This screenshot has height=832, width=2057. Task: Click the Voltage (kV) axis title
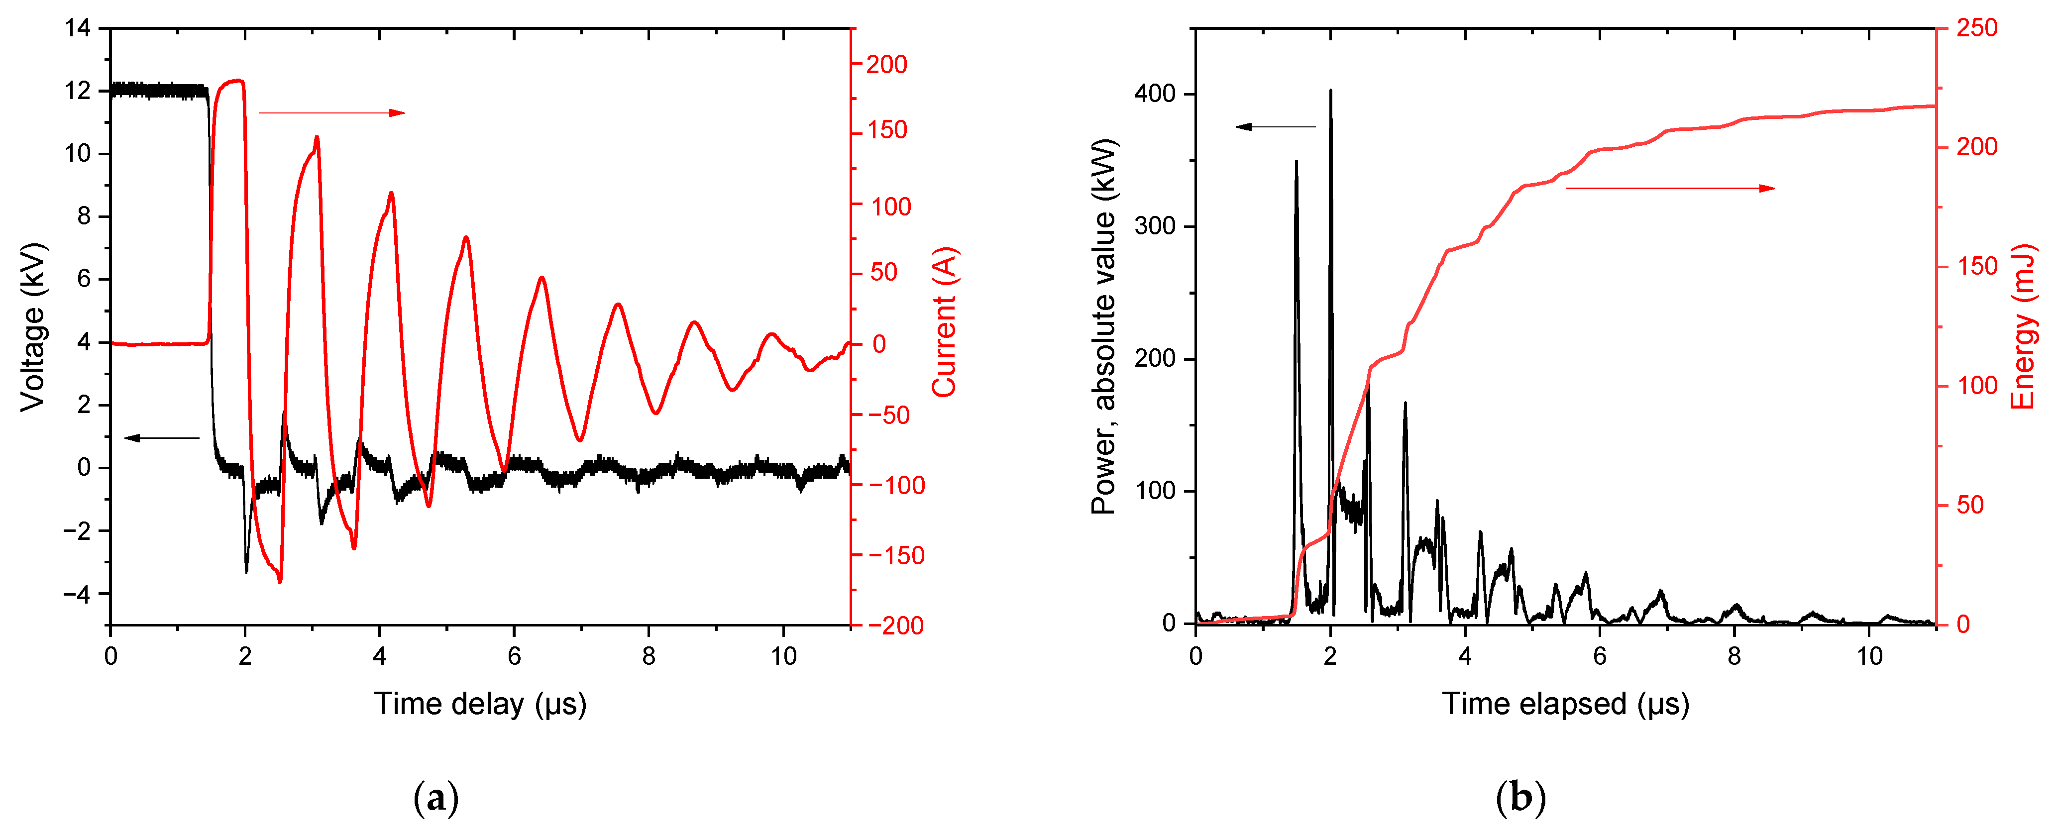[x=33, y=327]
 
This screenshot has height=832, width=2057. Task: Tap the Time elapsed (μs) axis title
[x=1565, y=704]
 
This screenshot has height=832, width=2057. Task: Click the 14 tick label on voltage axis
[x=78, y=29]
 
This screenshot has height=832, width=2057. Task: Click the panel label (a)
[x=436, y=798]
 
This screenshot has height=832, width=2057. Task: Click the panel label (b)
[x=1520, y=798]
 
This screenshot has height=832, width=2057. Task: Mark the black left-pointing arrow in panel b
[x=1275, y=126]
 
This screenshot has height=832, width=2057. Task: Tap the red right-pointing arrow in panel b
[x=1670, y=189]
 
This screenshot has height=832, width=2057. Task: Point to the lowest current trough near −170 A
[x=280, y=581]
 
